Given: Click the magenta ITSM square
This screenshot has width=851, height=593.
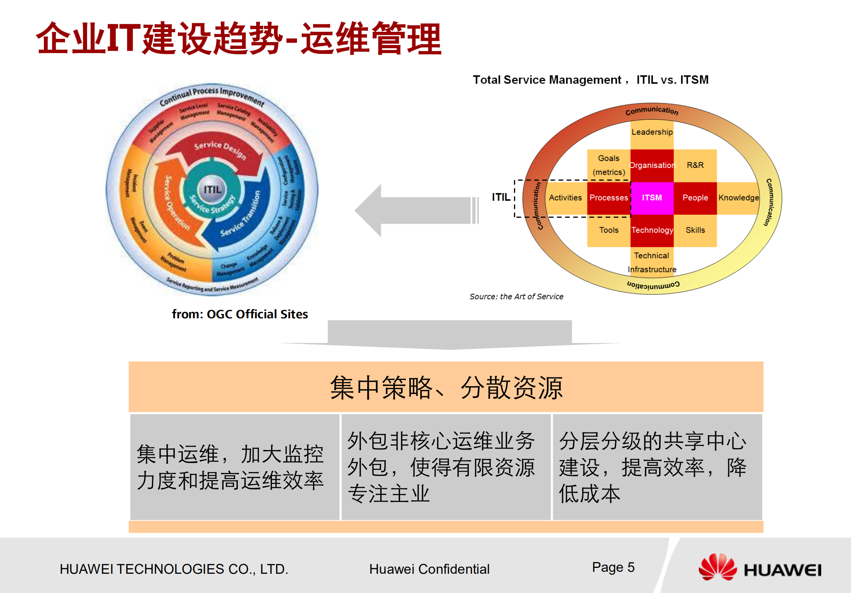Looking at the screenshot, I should [652, 198].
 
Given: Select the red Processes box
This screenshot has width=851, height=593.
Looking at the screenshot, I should [609, 198].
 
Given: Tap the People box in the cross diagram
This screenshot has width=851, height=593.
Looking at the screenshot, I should [695, 198].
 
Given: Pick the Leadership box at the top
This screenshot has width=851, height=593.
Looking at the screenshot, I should [652, 132].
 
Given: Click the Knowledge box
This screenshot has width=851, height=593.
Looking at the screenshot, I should [738, 198].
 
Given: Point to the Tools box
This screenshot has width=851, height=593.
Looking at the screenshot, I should [609, 230].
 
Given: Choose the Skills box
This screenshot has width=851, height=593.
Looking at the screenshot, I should [695, 230].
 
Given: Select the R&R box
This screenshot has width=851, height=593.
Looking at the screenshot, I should [695, 165].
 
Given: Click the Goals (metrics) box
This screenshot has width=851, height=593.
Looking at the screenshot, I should [609, 165].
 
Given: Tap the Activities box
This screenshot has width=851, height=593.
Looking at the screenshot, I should [565, 198].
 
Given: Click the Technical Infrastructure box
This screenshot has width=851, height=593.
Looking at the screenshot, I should [652, 262].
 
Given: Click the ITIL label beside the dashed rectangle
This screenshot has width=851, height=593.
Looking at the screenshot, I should [501, 197].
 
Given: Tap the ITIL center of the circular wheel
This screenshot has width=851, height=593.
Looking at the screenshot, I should [212, 190].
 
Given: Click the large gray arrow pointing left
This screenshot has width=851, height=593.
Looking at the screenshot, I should [416, 210].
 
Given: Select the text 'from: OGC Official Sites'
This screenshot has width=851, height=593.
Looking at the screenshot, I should [240, 314].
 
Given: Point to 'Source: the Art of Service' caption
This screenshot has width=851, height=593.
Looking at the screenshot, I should [516, 297].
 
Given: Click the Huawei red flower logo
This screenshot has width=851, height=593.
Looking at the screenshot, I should [718, 567].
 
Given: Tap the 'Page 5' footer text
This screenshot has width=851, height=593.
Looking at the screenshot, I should [613, 567].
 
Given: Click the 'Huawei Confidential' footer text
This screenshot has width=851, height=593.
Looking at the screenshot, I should [429, 569].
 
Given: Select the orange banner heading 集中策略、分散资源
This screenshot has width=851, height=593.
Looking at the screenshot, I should [446, 387].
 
